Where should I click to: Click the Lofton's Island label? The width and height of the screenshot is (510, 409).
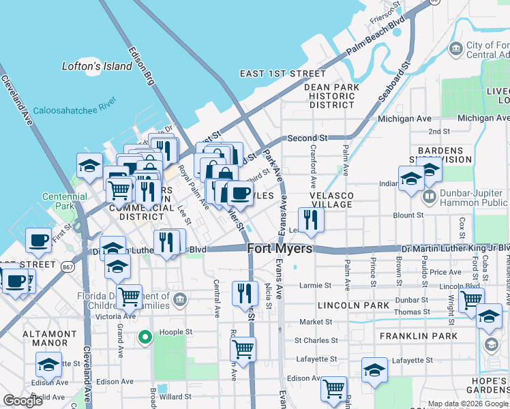coord(87,66)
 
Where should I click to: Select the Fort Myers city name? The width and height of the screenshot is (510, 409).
coord(280,249)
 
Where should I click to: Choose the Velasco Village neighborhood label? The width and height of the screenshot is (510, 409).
coord(339,200)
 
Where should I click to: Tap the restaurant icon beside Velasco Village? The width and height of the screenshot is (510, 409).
coord(311,219)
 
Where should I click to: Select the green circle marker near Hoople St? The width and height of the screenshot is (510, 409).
coord(145,336)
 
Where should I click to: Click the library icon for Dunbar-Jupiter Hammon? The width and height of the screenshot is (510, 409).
coord(430,198)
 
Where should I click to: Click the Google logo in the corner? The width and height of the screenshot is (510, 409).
coord(23,401)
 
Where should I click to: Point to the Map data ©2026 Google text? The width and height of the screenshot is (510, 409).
coord(468,404)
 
